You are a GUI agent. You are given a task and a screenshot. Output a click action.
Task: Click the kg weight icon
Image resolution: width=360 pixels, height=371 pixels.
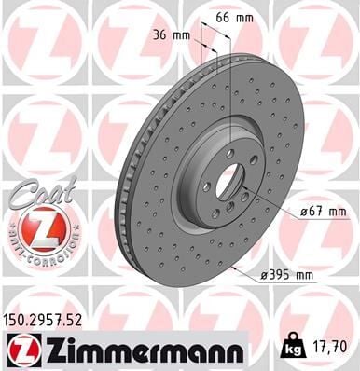click(x=294, y=348)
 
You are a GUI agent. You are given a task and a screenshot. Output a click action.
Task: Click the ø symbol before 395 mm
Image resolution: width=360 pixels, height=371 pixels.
click(x=266, y=274)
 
